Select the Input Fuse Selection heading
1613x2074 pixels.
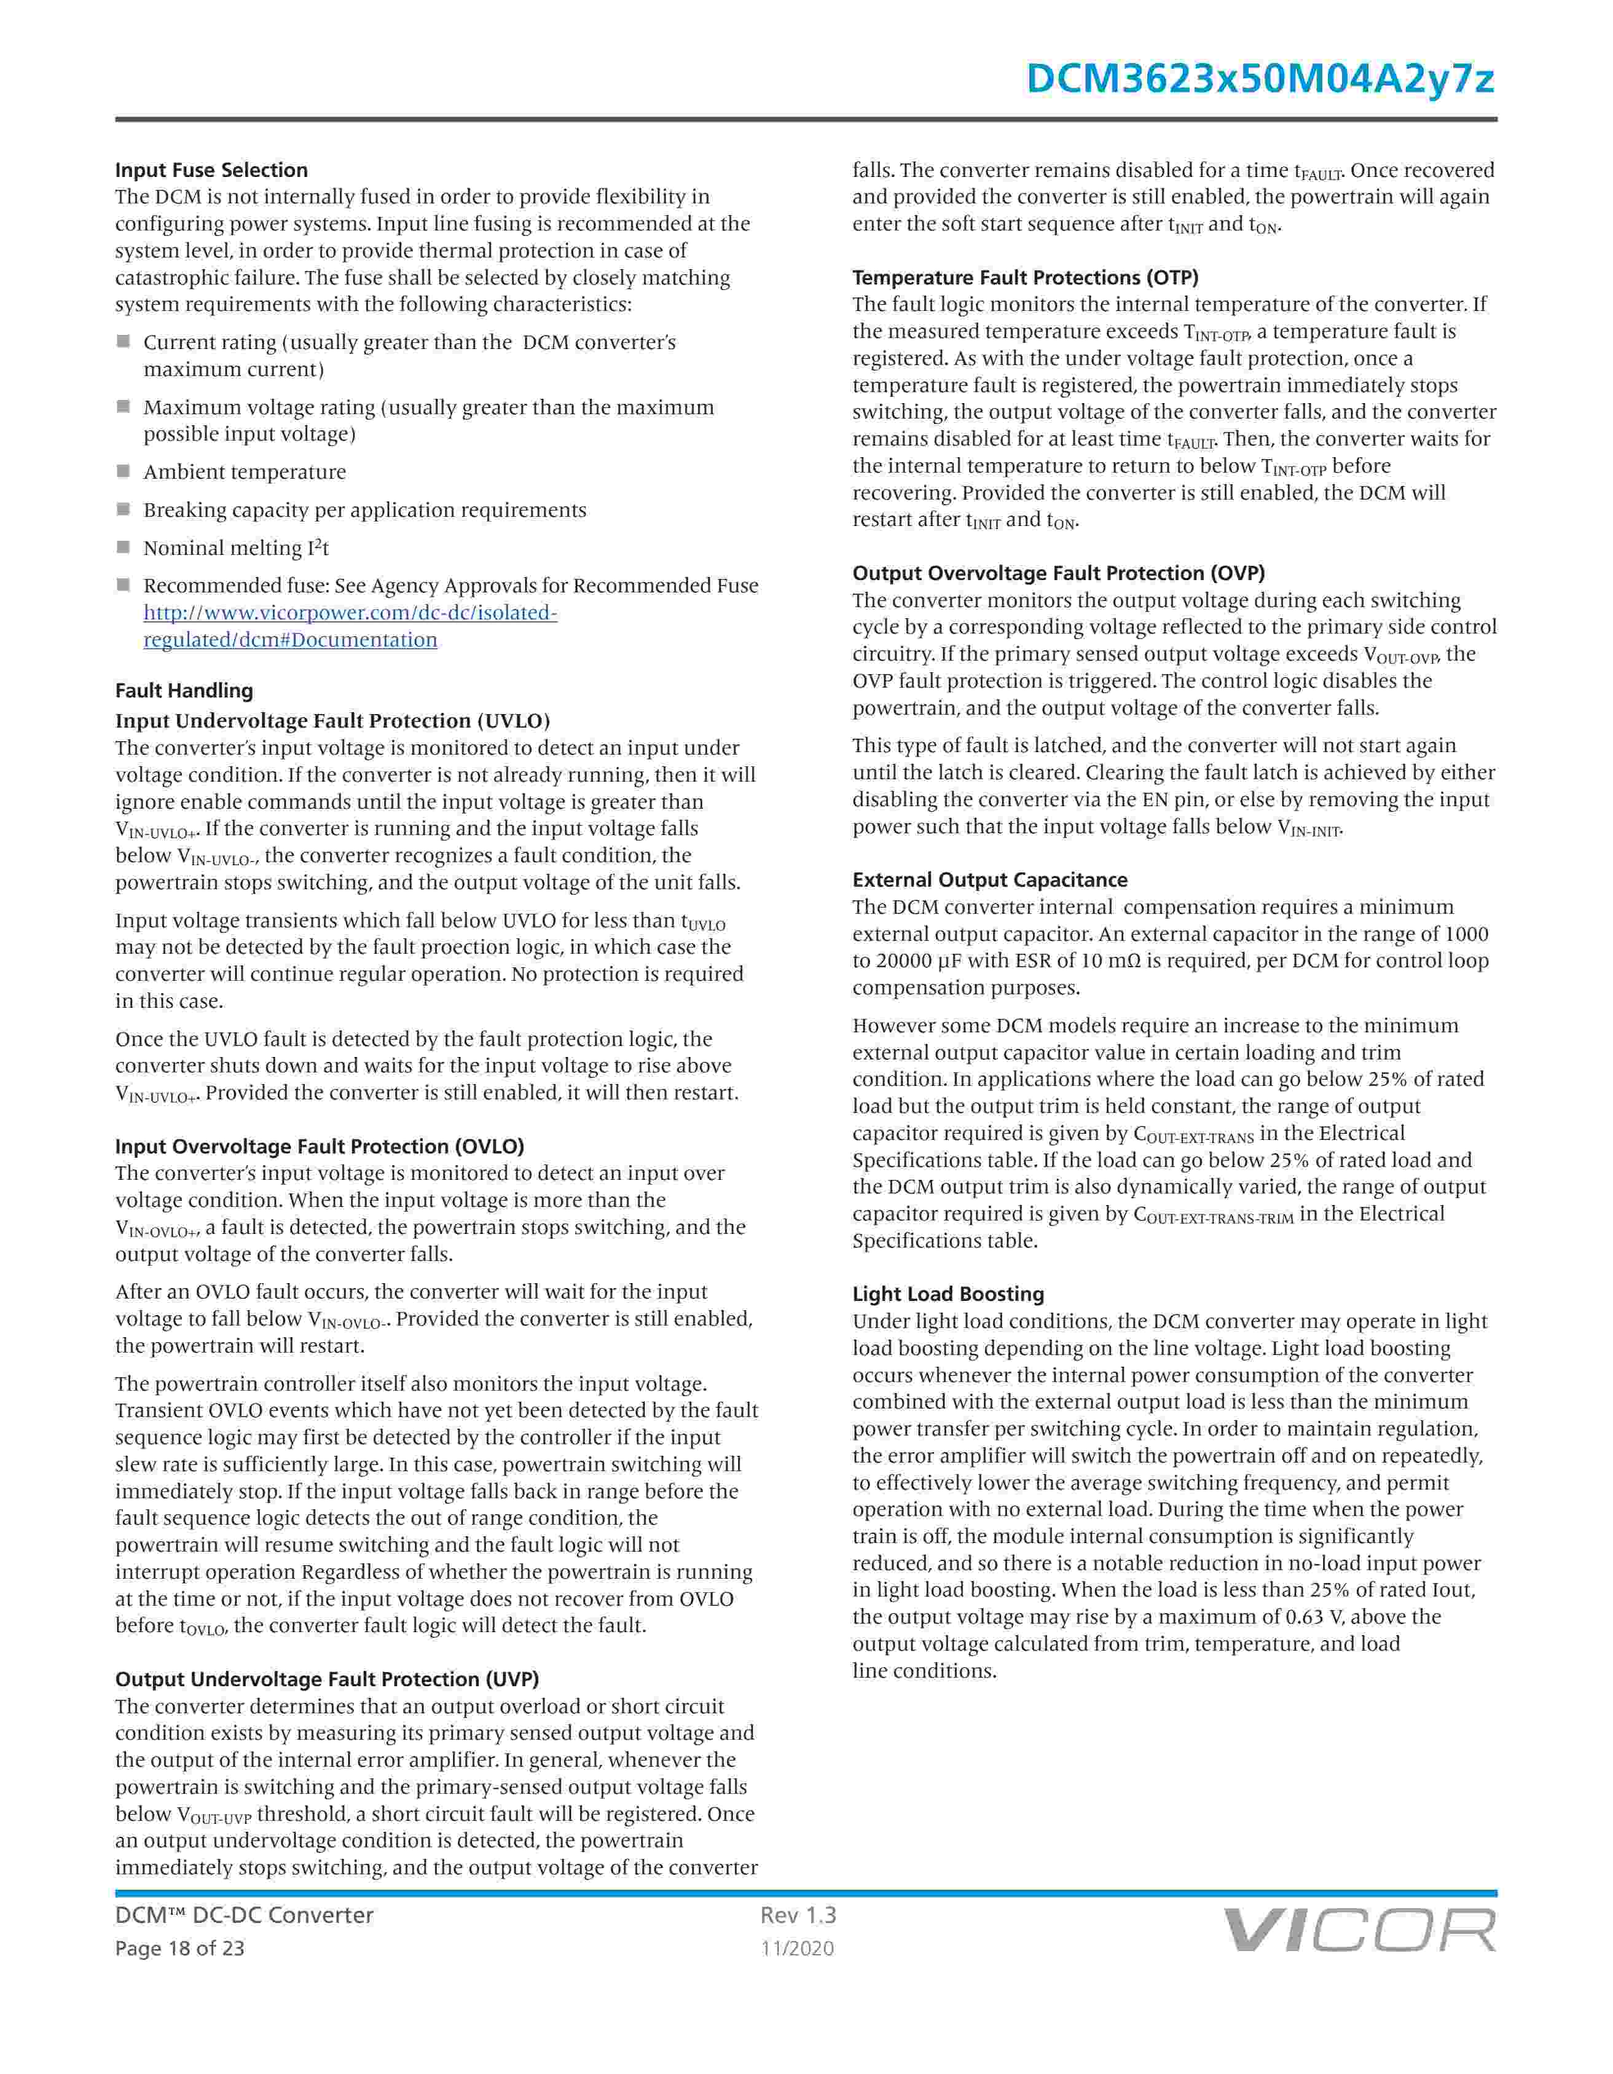point(212,170)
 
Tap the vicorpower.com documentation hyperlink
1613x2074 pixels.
point(350,626)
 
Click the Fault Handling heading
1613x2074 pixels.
point(184,690)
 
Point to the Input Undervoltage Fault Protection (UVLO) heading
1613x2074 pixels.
point(332,721)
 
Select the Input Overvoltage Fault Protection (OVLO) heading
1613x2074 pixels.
point(320,1146)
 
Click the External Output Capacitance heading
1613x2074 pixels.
point(990,879)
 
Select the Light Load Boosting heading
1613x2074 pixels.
point(948,1294)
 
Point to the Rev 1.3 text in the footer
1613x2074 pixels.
point(798,1915)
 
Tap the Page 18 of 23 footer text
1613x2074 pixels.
point(179,1949)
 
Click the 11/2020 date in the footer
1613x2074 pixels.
point(798,1949)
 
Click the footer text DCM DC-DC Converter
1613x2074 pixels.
point(244,1915)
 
